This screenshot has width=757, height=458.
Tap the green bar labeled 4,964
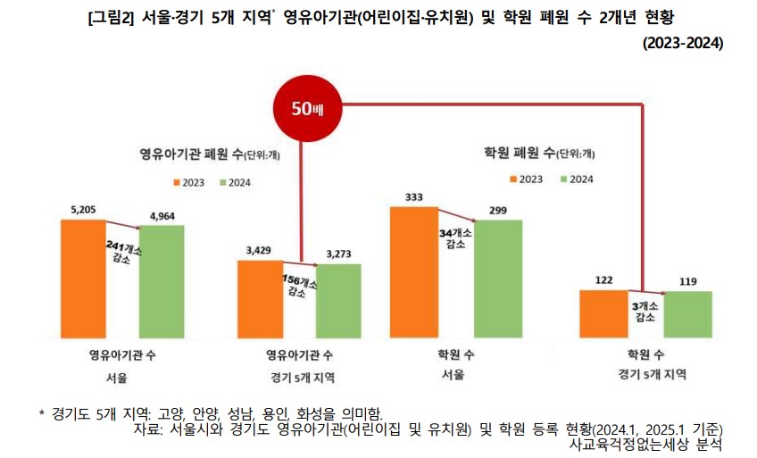[x=162, y=281]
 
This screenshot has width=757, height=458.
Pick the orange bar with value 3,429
[x=260, y=298]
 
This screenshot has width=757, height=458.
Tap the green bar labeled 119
[x=687, y=313]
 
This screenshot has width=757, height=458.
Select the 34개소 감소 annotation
[x=456, y=238]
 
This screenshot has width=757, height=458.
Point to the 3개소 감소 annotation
[x=645, y=311]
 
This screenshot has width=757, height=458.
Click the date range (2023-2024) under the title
[x=682, y=43]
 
